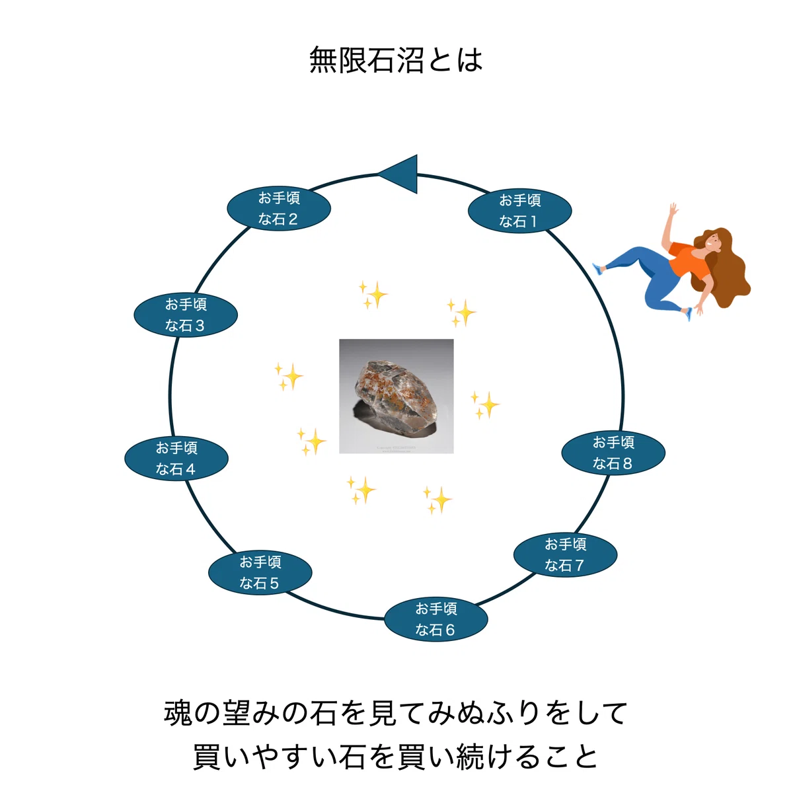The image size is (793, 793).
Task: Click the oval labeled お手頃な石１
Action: pyautogui.click(x=519, y=211)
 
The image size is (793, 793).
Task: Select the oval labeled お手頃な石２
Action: pyautogui.click(x=279, y=208)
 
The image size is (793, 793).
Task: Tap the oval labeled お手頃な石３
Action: pyautogui.click(x=186, y=315)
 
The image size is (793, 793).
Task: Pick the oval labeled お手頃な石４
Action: pyautogui.click(x=176, y=458)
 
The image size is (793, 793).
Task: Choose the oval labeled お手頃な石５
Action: pyautogui.click(x=260, y=572)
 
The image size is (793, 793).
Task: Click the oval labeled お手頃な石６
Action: pyautogui.click(x=435, y=619)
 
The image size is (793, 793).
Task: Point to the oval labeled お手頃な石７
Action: pyautogui.click(x=565, y=554)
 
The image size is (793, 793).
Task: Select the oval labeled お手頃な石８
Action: pyautogui.click(x=613, y=453)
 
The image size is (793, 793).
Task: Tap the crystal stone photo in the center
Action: pyautogui.click(x=397, y=397)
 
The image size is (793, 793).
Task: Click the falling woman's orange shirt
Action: pyautogui.click(x=688, y=260)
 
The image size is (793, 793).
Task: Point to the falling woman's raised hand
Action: pyautogui.click(x=673, y=208)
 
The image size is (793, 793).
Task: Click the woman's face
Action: pyautogui.click(x=713, y=243)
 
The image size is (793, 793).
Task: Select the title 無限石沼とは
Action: pyautogui.click(x=396, y=60)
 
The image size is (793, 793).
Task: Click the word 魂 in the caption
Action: pyautogui.click(x=178, y=713)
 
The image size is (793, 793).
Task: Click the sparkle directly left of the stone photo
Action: pyautogui.click(x=289, y=376)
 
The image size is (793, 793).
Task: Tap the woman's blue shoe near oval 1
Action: pyautogui.click(x=598, y=269)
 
